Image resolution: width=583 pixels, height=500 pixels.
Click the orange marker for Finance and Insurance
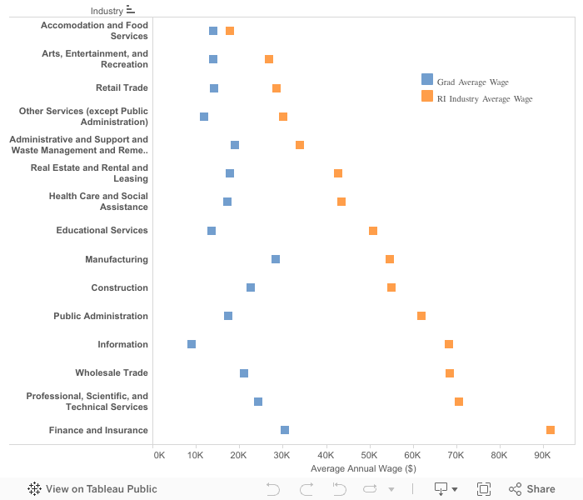pos(551,430)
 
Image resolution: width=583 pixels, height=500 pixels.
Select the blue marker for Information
pos(192,344)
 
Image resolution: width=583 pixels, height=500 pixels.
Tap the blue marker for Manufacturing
pos(276,259)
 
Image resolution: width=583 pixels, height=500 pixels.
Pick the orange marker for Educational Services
pos(373,231)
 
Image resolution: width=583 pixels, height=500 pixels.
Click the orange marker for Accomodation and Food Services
pos(230,31)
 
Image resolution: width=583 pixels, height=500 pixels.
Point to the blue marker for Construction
pos(251,287)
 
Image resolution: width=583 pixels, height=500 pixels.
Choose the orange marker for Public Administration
pos(421,316)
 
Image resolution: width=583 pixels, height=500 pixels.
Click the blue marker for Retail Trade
pos(214,88)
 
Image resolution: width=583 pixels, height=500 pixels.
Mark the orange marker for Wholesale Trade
pos(450,373)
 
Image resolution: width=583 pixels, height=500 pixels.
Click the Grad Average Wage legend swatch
pos(427,80)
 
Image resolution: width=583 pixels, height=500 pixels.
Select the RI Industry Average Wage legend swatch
pos(427,97)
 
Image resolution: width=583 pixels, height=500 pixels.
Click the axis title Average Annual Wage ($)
pos(363,468)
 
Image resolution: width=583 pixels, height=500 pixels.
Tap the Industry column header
pos(107,11)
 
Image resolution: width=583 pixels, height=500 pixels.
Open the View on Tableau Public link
pos(92,489)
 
